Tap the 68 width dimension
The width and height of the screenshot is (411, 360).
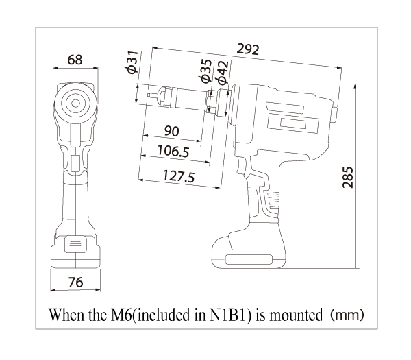(x=75, y=60)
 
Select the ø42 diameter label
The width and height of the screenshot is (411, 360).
(x=222, y=73)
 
